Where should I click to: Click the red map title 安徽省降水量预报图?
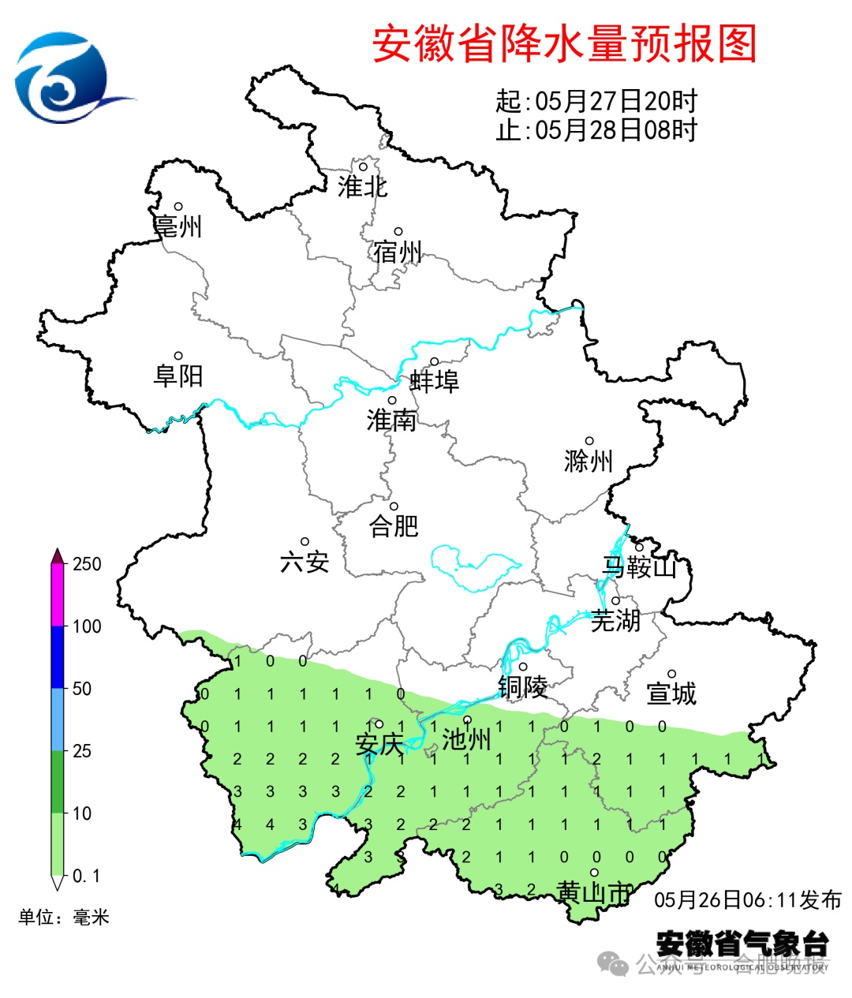(x=564, y=43)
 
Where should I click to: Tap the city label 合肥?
(x=394, y=525)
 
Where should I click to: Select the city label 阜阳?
(x=178, y=376)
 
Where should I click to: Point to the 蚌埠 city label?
(x=434, y=382)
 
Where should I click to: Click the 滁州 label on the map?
(x=589, y=461)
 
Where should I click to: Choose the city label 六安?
(x=305, y=562)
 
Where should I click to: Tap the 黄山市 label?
(x=594, y=892)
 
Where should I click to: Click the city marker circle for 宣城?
(x=672, y=674)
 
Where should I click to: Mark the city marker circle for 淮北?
(x=364, y=166)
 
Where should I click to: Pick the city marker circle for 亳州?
(x=178, y=207)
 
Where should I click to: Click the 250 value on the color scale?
(x=87, y=564)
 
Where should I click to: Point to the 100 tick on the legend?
(x=87, y=626)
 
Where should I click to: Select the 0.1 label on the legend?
(x=86, y=876)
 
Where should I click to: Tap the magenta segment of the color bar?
(x=58, y=596)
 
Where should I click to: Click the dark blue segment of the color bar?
(x=58, y=657)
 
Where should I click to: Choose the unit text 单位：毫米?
(x=64, y=917)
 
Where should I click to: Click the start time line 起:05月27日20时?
(x=596, y=101)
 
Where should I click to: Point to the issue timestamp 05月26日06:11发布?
(x=747, y=899)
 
